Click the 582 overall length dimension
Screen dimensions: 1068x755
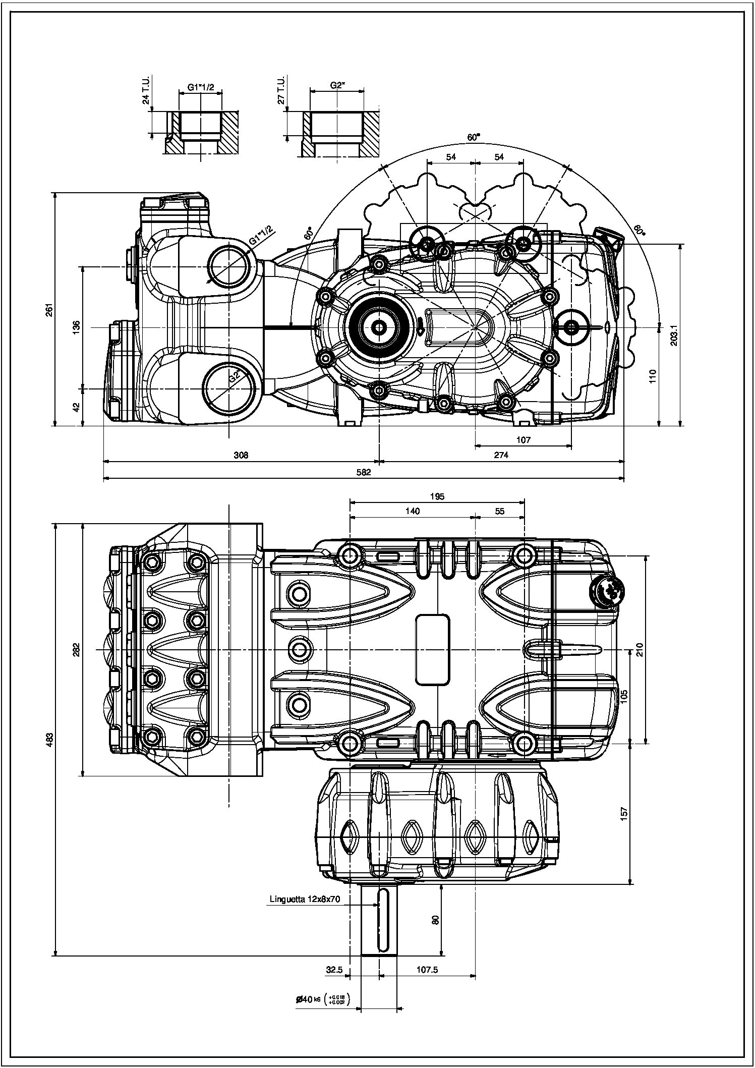pos(363,473)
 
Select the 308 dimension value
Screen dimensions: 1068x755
pos(241,455)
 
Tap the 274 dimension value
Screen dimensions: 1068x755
pos(501,455)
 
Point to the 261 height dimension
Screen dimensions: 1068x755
pos(49,309)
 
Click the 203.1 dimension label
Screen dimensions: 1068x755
pos(673,334)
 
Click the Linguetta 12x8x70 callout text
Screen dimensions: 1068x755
pos(305,899)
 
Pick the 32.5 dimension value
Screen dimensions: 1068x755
pos(334,970)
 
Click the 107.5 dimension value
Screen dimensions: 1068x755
pos(427,970)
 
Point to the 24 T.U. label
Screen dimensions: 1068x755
pos(146,91)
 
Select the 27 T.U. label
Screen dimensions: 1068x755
pos(281,91)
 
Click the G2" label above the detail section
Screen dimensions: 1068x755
pos(337,85)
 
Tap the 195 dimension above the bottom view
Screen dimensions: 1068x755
pos(437,496)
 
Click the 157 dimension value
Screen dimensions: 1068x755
pos(624,813)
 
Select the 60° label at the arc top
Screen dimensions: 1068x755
pos(474,137)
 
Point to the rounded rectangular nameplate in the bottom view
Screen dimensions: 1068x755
pos(432,649)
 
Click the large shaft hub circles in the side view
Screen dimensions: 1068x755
pos(378,327)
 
